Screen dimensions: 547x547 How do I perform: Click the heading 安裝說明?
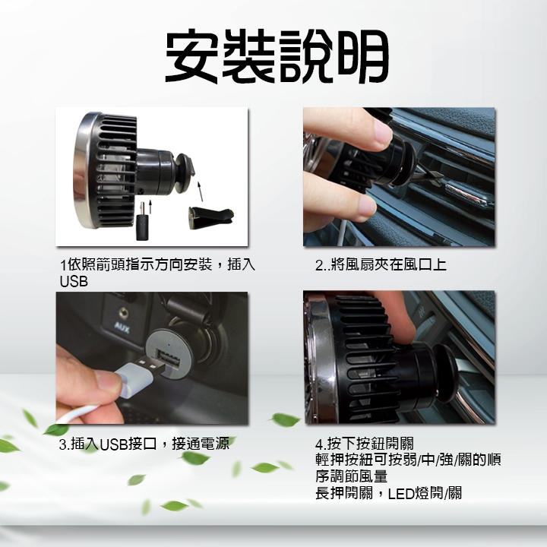pyautogui.click(x=277, y=55)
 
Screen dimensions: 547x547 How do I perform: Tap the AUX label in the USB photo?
pyautogui.click(x=122, y=328)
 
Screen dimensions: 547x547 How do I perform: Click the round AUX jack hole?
pyautogui.click(x=123, y=312)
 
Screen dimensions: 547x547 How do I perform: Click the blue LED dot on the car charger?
pyautogui.click(x=169, y=346)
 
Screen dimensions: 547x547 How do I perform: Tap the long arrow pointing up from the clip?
pyautogui.click(x=200, y=191)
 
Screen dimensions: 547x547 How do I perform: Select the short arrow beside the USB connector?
pyautogui.click(x=150, y=207)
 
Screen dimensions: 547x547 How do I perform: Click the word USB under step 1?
pyautogui.click(x=74, y=282)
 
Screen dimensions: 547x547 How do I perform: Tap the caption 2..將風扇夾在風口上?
pyautogui.click(x=381, y=265)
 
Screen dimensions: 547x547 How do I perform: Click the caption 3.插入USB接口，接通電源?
pyautogui.click(x=144, y=444)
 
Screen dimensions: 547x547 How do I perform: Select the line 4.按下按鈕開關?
pyautogui.click(x=364, y=444)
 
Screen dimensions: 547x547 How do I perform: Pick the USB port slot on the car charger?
pyautogui.click(x=169, y=359)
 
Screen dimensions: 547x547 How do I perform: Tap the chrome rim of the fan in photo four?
pyautogui.click(x=323, y=359)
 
